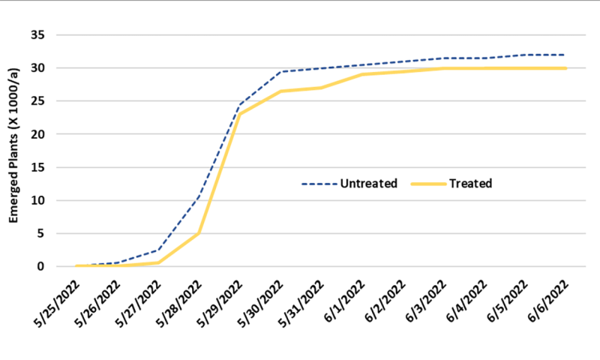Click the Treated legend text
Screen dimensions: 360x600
[471, 183]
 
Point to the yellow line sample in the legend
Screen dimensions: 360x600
[429, 183]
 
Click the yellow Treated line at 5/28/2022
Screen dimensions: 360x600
[199, 233]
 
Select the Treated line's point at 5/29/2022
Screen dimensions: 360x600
[239, 114]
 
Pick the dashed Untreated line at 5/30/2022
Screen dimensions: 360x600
[280, 72]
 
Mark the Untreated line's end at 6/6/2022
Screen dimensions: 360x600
[564, 55]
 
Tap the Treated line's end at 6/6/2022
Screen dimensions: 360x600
[564, 68]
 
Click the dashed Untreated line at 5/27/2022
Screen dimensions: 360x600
[158, 250]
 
